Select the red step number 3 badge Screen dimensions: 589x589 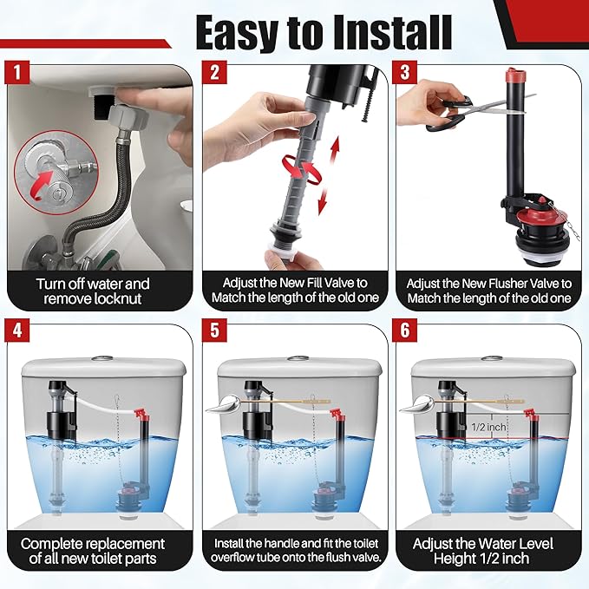point(408,74)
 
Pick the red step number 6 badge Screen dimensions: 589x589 point(408,333)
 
